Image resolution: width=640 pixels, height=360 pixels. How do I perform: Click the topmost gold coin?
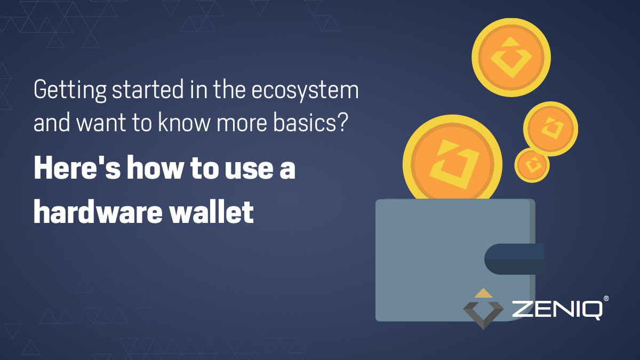coord(511,57)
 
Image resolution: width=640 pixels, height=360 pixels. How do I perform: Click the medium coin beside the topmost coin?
coord(550,129)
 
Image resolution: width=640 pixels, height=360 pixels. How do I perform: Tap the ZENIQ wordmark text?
coord(557,309)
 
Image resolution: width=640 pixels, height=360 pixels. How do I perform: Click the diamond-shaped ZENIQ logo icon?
coord(483,310)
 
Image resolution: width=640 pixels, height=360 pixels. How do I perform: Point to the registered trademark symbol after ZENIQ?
coord(606,299)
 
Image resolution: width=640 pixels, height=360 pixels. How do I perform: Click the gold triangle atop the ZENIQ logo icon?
coord(483,292)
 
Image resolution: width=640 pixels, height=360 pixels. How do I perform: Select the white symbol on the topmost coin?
coord(511,57)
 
